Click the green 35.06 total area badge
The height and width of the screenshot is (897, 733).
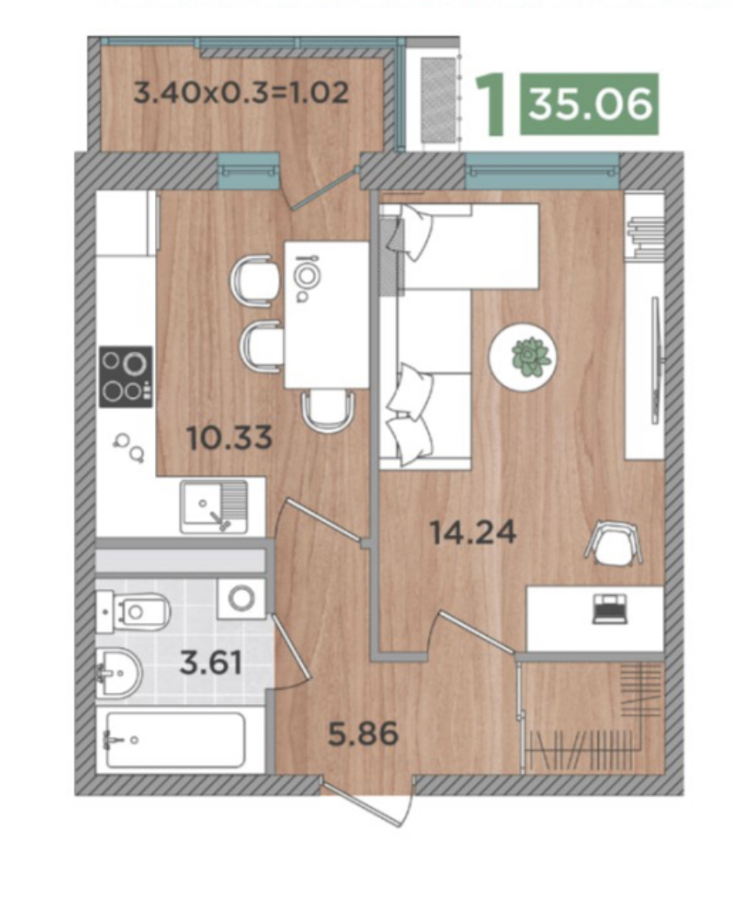tap(589, 104)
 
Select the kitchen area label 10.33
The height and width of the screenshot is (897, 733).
tap(229, 438)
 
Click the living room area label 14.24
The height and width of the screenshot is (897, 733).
tap(474, 532)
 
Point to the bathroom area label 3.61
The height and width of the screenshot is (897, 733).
tap(211, 663)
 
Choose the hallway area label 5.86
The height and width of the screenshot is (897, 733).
tap(363, 733)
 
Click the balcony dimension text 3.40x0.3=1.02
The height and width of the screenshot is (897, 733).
tap(241, 92)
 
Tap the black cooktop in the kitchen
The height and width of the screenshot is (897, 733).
tap(126, 376)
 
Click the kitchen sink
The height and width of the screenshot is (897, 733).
tap(214, 506)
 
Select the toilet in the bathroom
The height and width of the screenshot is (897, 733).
tap(133, 612)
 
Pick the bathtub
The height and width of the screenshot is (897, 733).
tap(176, 739)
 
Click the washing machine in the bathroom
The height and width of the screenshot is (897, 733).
tap(242, 599)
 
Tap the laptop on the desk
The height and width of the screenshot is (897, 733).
tap(609, 608)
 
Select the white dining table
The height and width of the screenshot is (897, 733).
tap(327, 314)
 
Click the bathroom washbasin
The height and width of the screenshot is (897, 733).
tap(119, 673)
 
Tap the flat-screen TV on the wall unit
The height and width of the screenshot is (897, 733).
tap(656, 360)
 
